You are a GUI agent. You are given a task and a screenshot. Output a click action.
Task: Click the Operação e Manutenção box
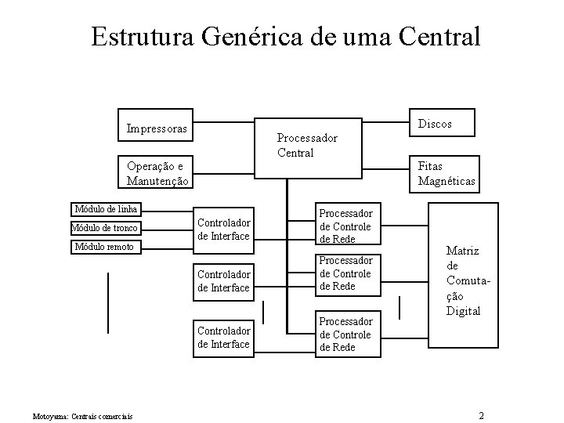(x=157, y=173)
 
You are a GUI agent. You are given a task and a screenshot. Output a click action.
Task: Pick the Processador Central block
(x=307, y=145)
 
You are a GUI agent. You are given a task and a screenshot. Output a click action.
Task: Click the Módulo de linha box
(x=107, y=209)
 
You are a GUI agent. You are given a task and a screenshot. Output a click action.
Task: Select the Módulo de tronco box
(x=105, y=228)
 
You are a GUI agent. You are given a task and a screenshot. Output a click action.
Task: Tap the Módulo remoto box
(x=105, y=248)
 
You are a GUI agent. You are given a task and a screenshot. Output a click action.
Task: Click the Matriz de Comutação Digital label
(x=462, y=280)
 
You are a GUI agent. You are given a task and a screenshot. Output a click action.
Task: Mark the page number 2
(x=482, y=414)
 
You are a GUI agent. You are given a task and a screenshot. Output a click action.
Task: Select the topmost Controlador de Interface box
(x=223, y=229)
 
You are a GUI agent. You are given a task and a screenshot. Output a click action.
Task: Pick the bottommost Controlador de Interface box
(x=223, y=337)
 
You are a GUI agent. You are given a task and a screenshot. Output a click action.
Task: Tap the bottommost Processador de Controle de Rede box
(x=345, y=334)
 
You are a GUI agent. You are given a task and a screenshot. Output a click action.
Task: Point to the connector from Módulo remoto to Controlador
(x=168, y=248)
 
